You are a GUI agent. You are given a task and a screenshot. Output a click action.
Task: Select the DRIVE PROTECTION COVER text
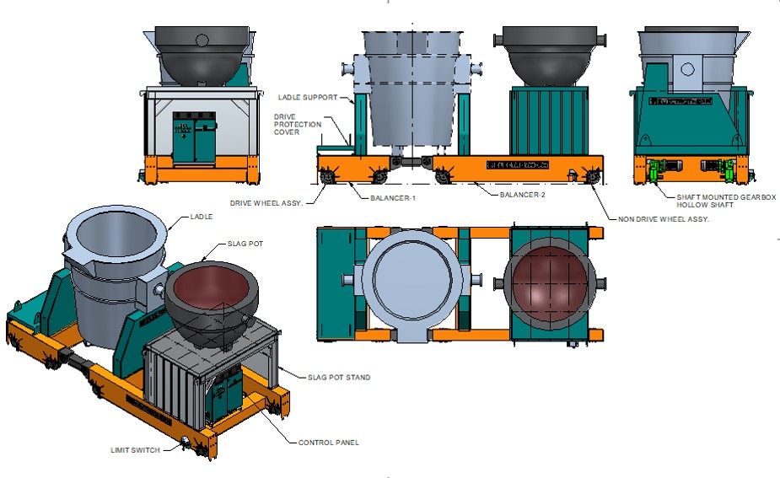[x=298, y=124]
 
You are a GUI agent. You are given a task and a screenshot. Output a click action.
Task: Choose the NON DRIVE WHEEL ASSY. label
[x=663, y=218]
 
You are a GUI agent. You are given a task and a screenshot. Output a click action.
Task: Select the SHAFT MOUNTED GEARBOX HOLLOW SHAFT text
[x=726, y=201]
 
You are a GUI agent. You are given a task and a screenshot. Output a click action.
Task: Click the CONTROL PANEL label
[x=328, y=442]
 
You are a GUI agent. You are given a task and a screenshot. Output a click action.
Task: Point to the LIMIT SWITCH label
[x=135, y=450]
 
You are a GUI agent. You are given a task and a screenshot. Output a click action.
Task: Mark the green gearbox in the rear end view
[x=658, y=169]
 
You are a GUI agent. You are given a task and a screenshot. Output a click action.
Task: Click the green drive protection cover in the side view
[x=333, y=148]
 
